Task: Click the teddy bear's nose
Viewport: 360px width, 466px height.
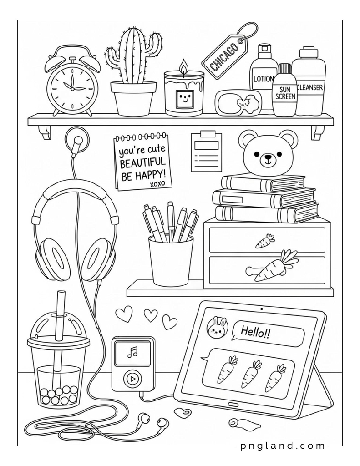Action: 268,157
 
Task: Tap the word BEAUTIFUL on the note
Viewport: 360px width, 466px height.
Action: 142,162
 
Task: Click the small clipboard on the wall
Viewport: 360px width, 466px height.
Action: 206,152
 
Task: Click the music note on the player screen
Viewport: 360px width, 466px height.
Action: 132,352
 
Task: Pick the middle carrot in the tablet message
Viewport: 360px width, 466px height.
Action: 249,374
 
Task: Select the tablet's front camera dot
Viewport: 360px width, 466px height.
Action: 262,309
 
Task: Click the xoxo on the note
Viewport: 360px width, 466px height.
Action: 157,183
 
